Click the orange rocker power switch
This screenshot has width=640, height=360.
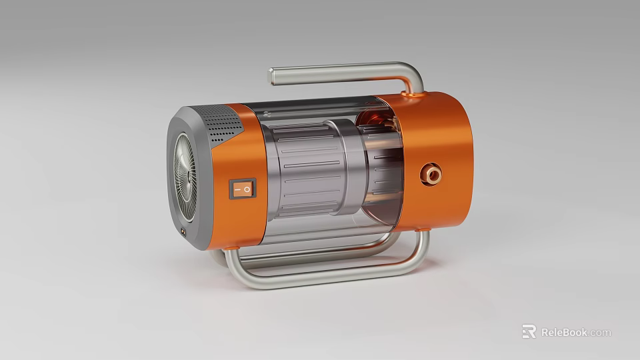coord(241,189)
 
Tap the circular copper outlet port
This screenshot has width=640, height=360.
coord(431,175)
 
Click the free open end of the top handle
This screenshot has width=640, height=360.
coord(271,75)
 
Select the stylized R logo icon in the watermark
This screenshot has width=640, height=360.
coord(529,331)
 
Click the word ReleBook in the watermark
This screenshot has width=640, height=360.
coord(564,332)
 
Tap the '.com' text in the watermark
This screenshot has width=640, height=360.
coord(600,332)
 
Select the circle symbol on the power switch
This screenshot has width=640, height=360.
coord(247,189)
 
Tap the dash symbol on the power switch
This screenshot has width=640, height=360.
coord(236,190)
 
